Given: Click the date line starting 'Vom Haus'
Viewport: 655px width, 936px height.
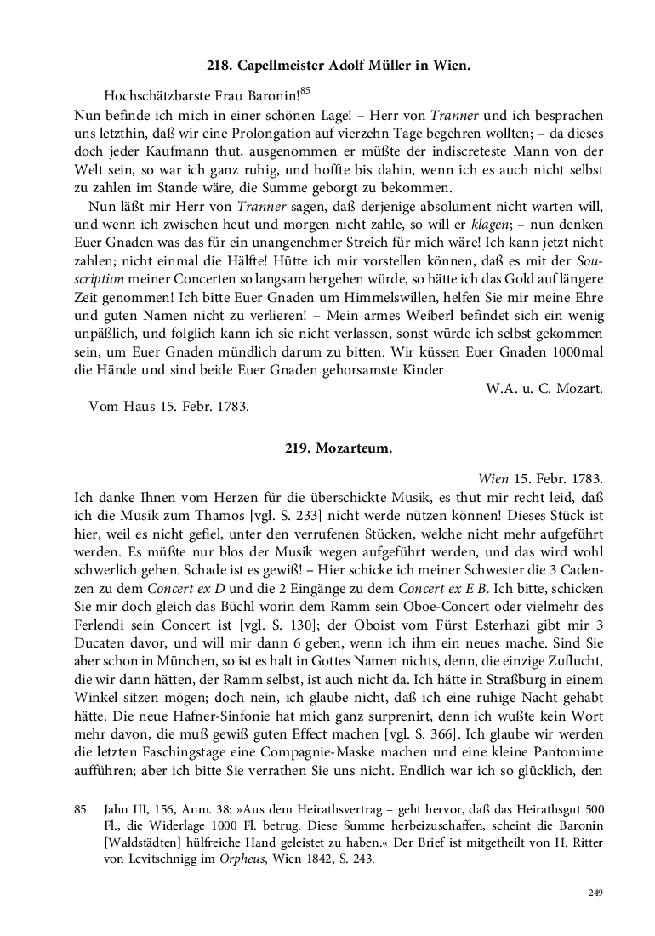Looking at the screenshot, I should click(168, 406).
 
